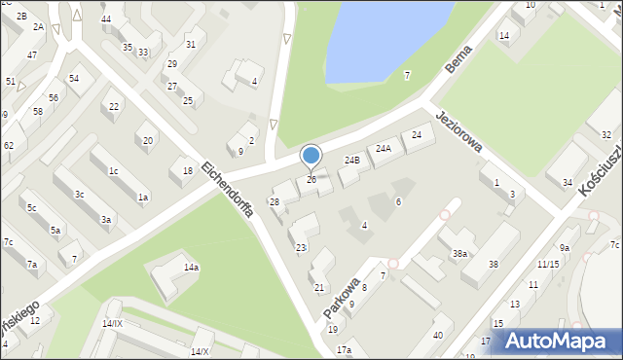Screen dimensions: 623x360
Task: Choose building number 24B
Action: pyautogui.click(x=351, y=160)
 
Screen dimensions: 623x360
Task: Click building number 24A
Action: pyautogui.click(x=384, y=149)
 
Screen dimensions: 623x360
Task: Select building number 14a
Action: pyautogui.click(x=192, y=267)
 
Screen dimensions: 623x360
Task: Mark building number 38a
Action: pyautogui.click(x=458, y=254)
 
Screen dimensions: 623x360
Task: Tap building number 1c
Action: pyautogui.click(x=114, y=171)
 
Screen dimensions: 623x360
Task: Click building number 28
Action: pyautogui.click(x=275, y=202)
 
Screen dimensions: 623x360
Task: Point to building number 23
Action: pyautogui.click(x=301, y=248)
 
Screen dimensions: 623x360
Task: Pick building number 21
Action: pyautogui.click(x=318, y=287)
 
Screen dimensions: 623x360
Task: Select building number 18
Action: pyautogui.click(x=187, y=172)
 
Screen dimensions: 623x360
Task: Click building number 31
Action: pyautogui.click(x=190, y=45)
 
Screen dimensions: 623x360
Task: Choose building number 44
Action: pyautogui.click(x=106, y=19)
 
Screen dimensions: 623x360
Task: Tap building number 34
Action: pyautogui.click(x=567, y=182)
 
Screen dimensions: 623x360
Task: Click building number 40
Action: pyautogui.click(x=437, y=336)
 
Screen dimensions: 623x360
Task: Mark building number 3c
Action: pyautogui.click(x=80, y=195)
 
